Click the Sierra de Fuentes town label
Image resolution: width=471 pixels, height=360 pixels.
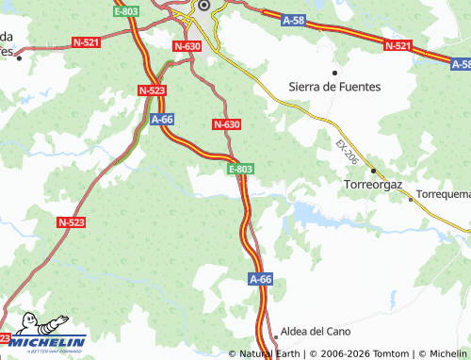(336, 86)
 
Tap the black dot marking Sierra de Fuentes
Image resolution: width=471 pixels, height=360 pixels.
(334, 72)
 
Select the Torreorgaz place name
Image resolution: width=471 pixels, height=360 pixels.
(375, 186)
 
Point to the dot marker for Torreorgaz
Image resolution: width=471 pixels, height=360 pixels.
(373, 172)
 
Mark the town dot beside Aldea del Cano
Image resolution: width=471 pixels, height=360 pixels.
(275, 334)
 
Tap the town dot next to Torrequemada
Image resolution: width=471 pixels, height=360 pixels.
(411, 198)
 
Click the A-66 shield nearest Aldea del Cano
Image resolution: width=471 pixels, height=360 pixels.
(261, 279)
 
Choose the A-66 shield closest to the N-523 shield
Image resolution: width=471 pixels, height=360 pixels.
(162, 120)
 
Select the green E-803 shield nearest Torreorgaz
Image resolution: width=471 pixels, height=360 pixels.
(240, 169)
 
